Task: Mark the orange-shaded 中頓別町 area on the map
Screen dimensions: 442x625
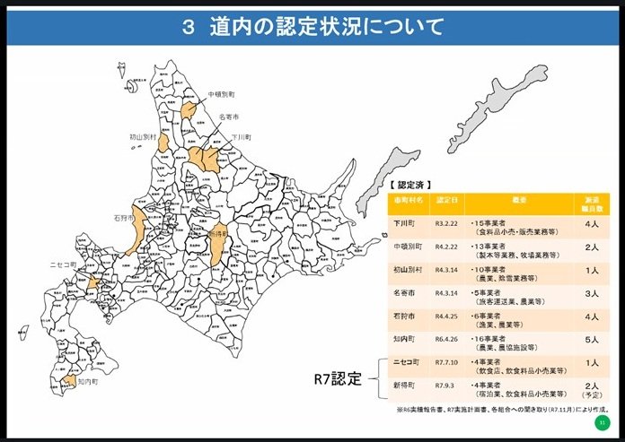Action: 189,110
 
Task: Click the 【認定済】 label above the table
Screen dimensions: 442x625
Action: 410,185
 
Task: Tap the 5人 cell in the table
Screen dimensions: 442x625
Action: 592,341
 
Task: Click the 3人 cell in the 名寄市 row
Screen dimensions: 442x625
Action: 592,292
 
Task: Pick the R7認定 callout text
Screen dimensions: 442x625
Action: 336,377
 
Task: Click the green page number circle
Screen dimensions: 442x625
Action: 601,422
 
